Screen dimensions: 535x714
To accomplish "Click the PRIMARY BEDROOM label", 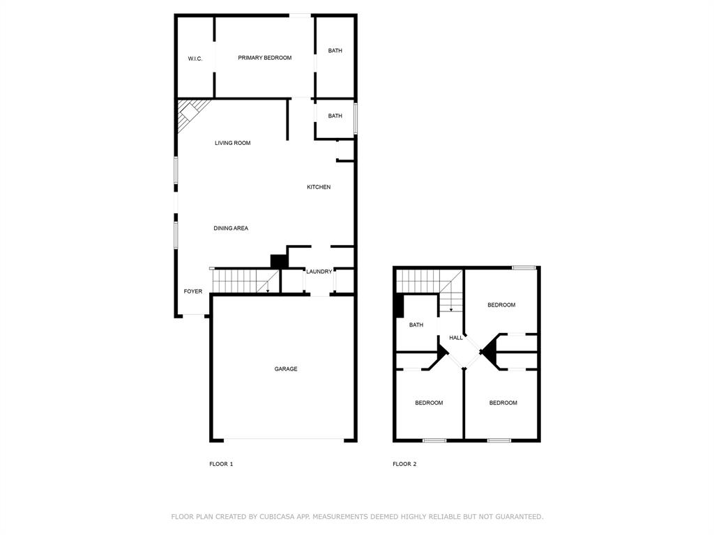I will [x=265, y=58].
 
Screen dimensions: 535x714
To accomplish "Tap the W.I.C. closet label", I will [x=195, y=59].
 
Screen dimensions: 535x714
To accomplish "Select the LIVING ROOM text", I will [x=232, y=143].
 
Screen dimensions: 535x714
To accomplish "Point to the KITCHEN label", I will [x=319, y=187].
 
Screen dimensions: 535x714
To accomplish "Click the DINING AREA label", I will [x=231, y=228].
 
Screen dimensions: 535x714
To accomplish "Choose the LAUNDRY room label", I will [x=319, y=272].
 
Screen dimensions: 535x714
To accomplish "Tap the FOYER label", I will [x=193, y=291].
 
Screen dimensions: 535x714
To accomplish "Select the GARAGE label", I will [x=286, y=369].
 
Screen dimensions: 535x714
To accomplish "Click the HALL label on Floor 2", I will [x=456, y=338].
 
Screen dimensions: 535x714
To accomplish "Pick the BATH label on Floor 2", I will [x=416, y=325].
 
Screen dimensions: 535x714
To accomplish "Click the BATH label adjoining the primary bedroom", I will [x=335, y=51].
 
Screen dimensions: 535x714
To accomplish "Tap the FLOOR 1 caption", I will [x=221, y=464].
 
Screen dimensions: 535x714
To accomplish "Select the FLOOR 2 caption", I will [x=404, y=464].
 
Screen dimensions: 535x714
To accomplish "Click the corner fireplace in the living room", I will [x=189, y=111].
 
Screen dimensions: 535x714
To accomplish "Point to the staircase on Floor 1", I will [x=241, y=281].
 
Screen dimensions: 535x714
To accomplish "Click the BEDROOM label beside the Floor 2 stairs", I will [x=501, y=305].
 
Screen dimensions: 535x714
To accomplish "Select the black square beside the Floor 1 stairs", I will [x=279, y=261].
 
